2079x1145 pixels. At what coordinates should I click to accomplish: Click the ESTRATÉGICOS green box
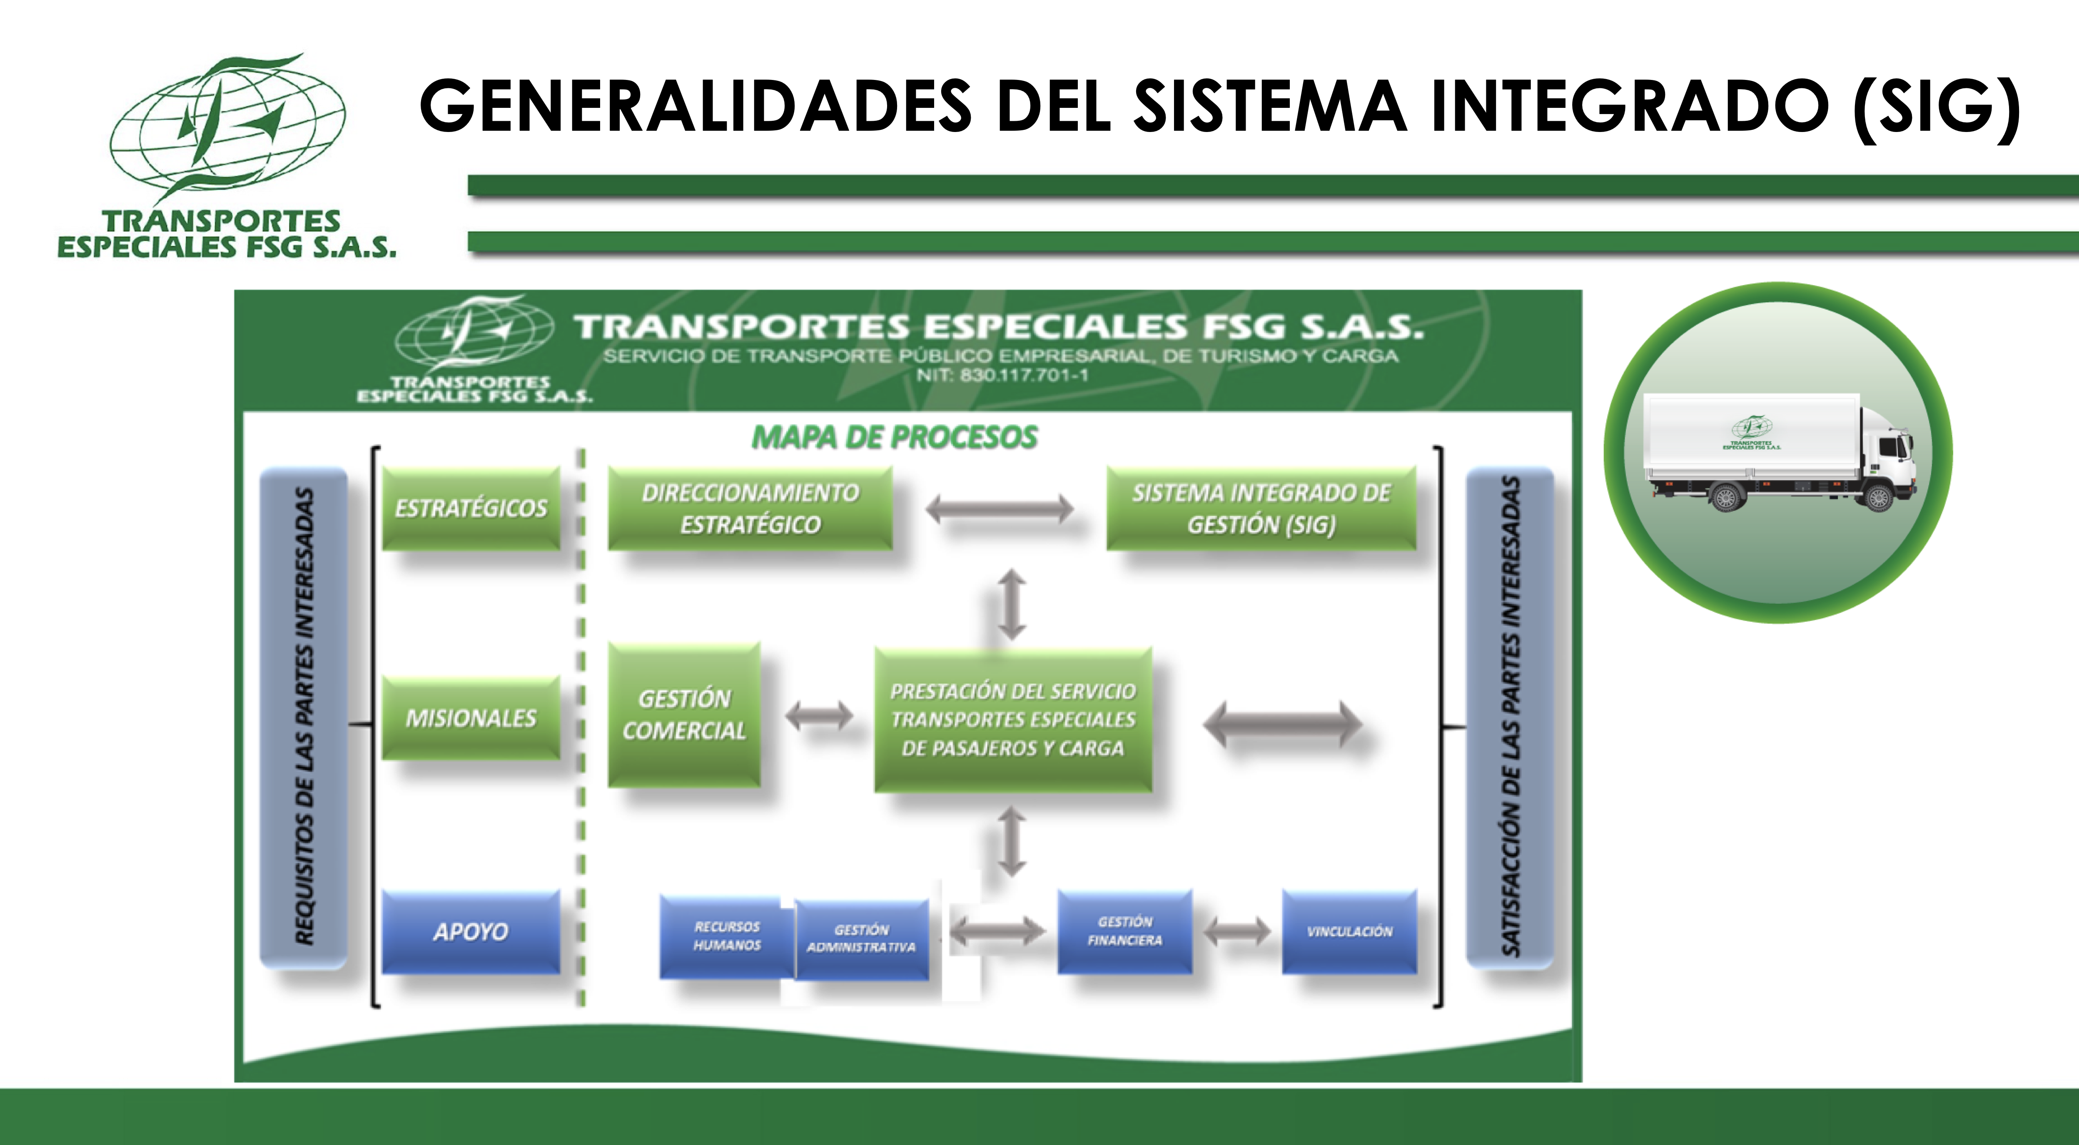point(471,508)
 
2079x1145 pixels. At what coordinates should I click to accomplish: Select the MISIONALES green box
point(471,717)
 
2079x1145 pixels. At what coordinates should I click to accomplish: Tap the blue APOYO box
point(471,932)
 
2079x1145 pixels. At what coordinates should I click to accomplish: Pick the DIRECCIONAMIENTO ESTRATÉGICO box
point(750,508)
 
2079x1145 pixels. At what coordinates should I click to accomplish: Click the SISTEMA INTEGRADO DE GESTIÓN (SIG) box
point(1261,508)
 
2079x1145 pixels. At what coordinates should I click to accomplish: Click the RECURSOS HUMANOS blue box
point(726,936)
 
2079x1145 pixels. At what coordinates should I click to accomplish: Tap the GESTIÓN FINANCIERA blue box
point(1124,931)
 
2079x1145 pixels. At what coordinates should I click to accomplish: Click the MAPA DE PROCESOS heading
point(894,437)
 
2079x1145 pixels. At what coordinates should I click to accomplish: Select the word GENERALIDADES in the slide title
point(695,107)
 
